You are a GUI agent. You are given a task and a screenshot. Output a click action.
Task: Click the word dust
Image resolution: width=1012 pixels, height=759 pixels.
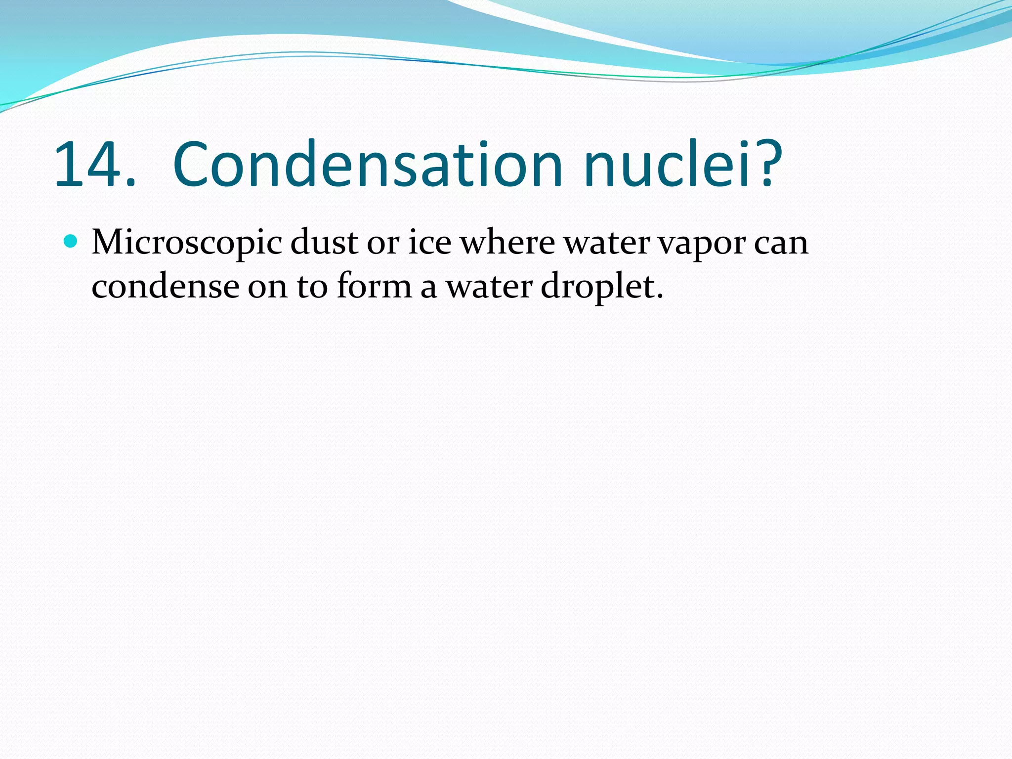tap(324, 243)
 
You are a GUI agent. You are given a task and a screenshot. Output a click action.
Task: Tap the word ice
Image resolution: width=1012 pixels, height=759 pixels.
tap(429, 243)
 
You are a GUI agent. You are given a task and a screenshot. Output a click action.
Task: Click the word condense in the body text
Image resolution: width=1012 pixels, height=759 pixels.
tap(165, 287)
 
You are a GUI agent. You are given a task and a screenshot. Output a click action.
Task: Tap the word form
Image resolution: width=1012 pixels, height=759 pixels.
tap(374, 287)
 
